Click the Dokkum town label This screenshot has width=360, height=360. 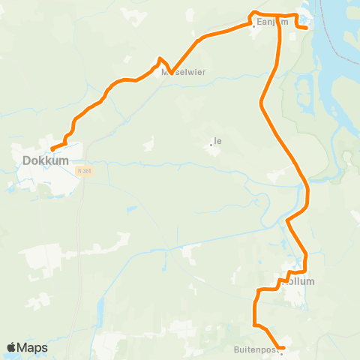coord(46,160)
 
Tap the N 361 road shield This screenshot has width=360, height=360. coord(84,171)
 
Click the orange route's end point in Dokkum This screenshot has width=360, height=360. coord(52,148)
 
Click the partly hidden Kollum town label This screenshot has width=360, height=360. coord(301,282)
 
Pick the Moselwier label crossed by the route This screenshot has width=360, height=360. coord(183,73)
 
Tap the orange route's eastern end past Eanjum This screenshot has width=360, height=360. coord(307,27)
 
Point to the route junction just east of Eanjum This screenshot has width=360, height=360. coord(279,15)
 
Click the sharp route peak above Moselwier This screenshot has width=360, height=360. coord(160,58)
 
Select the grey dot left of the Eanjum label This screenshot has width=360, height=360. coord(252,22)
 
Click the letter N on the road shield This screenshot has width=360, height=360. coord(80,171)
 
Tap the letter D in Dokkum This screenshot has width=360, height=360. coord(27,160)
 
